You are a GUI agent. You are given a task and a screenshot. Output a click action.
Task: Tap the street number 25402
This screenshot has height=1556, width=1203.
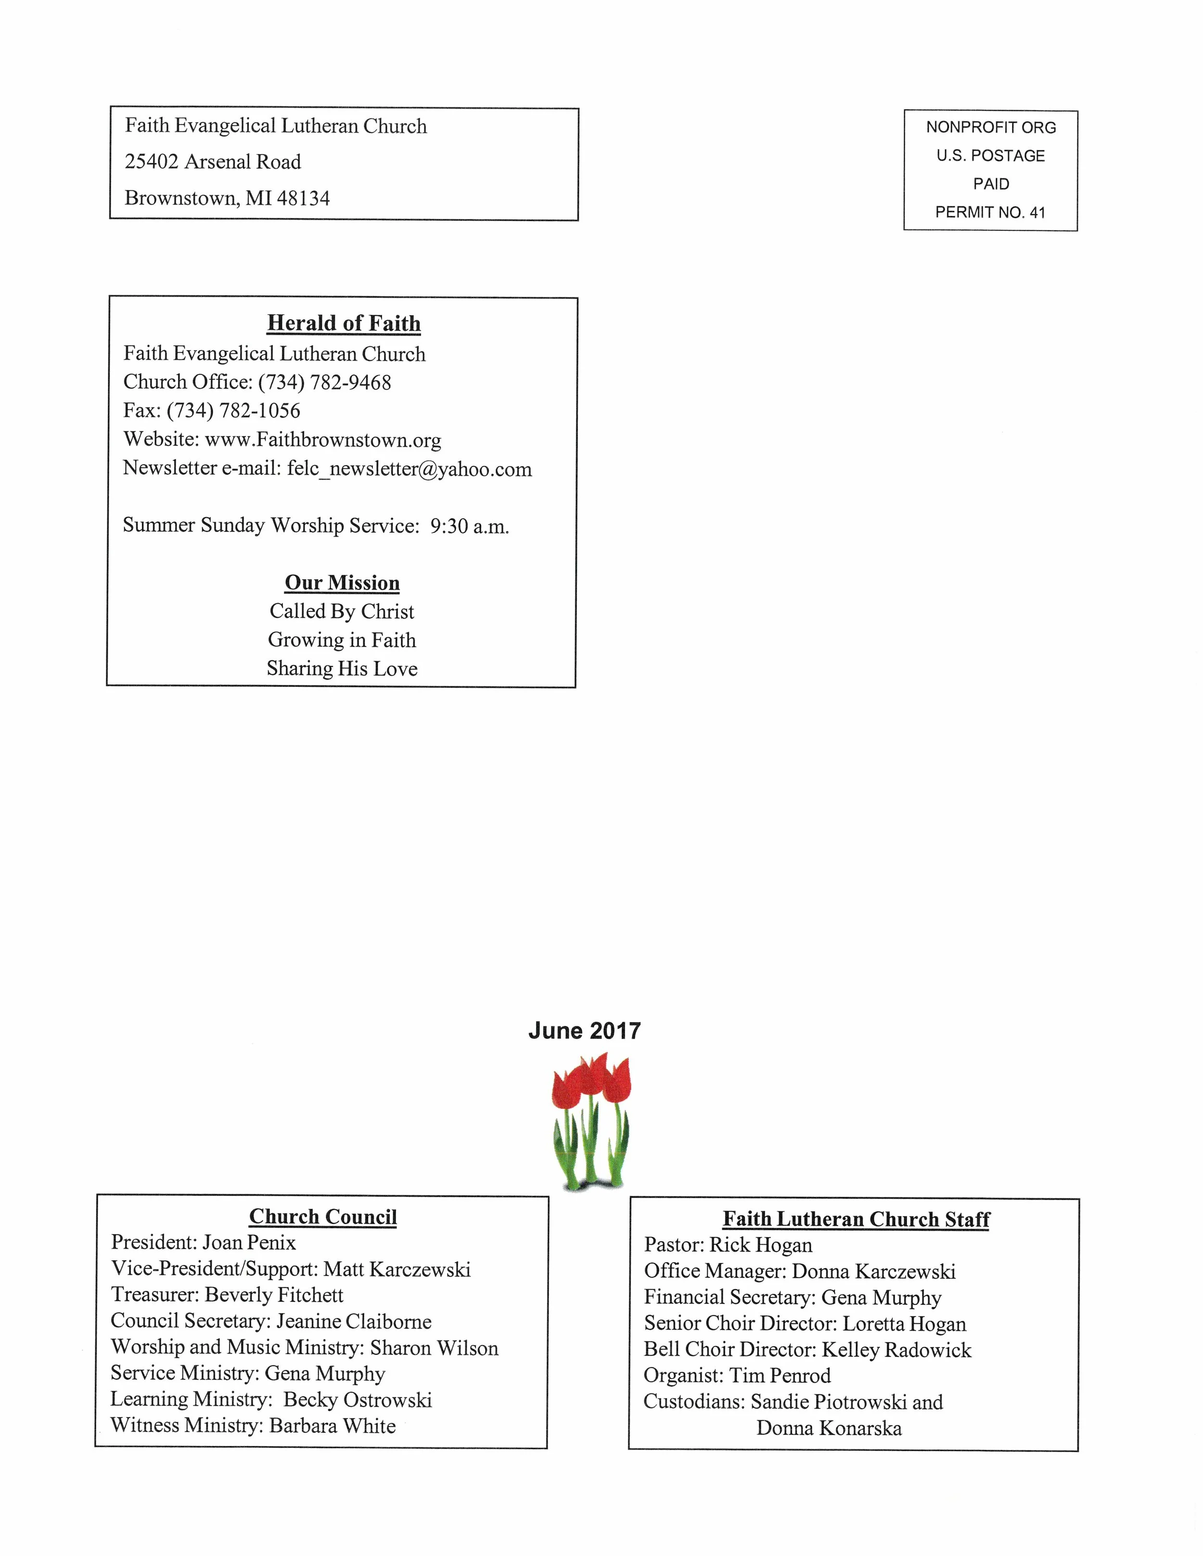pyautogui.click(x=151, y=162)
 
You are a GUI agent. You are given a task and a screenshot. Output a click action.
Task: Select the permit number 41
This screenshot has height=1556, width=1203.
pyautogui.click(x=1037, y=212)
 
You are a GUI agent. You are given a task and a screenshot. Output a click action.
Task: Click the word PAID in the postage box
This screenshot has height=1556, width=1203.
pyautogui.click(x=991, y=184)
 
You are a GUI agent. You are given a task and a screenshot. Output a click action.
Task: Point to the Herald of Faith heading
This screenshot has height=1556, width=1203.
pyautogui.click(x=344, y=323)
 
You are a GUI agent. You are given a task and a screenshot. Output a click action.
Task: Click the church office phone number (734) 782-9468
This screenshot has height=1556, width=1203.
pyautogui.click(x=324, y=382)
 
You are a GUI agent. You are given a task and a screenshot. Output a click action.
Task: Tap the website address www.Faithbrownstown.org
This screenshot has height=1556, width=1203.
pyautogui.click(x=323, y=440)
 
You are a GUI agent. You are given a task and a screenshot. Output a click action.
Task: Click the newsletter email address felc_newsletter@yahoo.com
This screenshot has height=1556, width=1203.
pyautogui.click(x=409, y=469)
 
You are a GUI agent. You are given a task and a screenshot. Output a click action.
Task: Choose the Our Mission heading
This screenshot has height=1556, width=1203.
pyautogui.click(x=342, y=583)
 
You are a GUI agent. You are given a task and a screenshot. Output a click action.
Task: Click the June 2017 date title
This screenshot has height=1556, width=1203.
pyautogui.click(x=584, y=1031)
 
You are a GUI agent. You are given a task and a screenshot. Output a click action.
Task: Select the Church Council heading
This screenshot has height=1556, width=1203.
pyautogui.click(x=323, y=1217)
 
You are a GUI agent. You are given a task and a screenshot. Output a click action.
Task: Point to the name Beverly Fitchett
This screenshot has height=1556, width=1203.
pyautogui.click(x=274, y=1295)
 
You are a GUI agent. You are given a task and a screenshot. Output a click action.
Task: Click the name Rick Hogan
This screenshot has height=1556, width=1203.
pyautogui.click(x=760, y=1245)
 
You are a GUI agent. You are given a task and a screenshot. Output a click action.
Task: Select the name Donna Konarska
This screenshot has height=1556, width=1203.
pyautogui.click(x=829, y=1429)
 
